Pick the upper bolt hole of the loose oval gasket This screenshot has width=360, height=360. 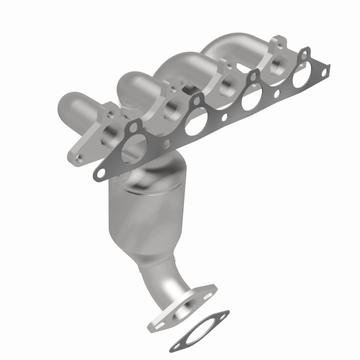pyautogui.click(x=221, y=314)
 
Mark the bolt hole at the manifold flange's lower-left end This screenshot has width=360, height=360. pyautogui.click(x=79, y=158)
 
